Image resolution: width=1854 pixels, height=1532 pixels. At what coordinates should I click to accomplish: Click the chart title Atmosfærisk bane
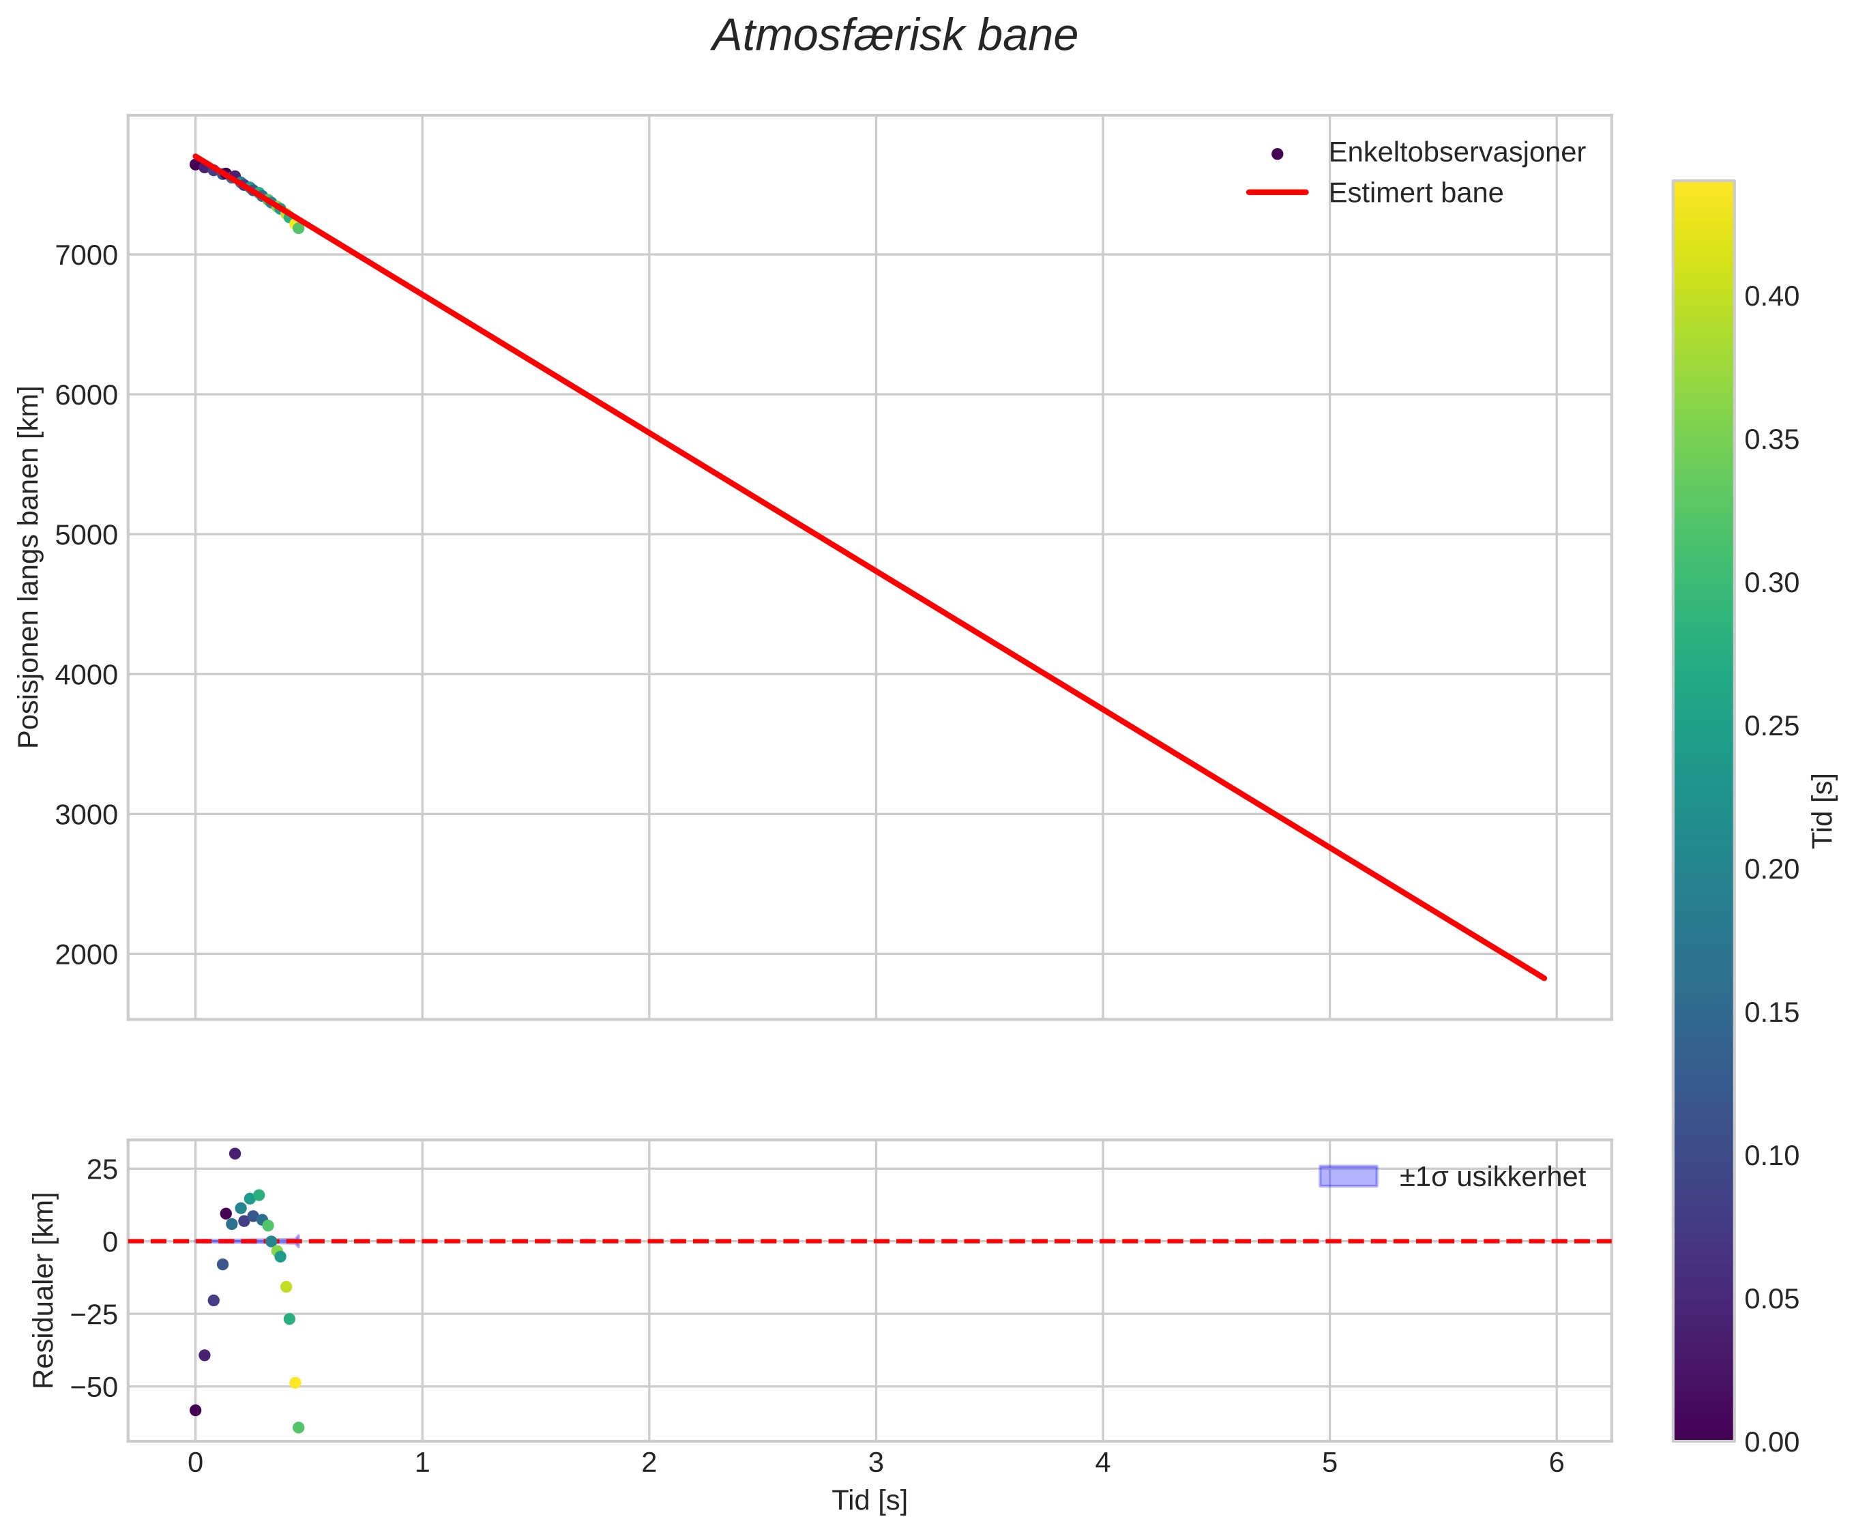coord(894,37)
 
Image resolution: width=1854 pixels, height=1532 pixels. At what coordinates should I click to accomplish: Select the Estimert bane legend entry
coord(1415,193)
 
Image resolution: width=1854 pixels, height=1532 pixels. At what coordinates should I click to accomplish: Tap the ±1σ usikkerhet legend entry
coord(1491,1177)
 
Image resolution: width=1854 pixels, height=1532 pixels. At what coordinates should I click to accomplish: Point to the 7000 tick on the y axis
coord(87,256)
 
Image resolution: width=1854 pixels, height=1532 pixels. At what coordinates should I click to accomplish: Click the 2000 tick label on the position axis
coord(87,955)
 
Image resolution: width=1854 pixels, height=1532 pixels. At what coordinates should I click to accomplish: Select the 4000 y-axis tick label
coord(87,675)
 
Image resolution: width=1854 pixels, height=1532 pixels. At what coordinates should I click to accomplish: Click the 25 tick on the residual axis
coord(102,1169)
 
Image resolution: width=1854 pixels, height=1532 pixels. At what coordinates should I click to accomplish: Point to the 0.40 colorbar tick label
coord(1771,297)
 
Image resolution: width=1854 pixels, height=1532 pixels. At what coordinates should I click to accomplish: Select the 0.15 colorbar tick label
coord(1771,1012)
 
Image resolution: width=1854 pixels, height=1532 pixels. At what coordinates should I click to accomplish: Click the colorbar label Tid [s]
coord(1823,811)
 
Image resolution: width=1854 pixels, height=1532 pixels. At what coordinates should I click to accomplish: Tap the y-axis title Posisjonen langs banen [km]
coord(29,567)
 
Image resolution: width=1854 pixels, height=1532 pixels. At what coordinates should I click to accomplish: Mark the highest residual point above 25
coord(235,1153)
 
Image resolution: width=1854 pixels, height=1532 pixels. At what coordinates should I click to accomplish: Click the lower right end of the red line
coord(1544,978)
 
